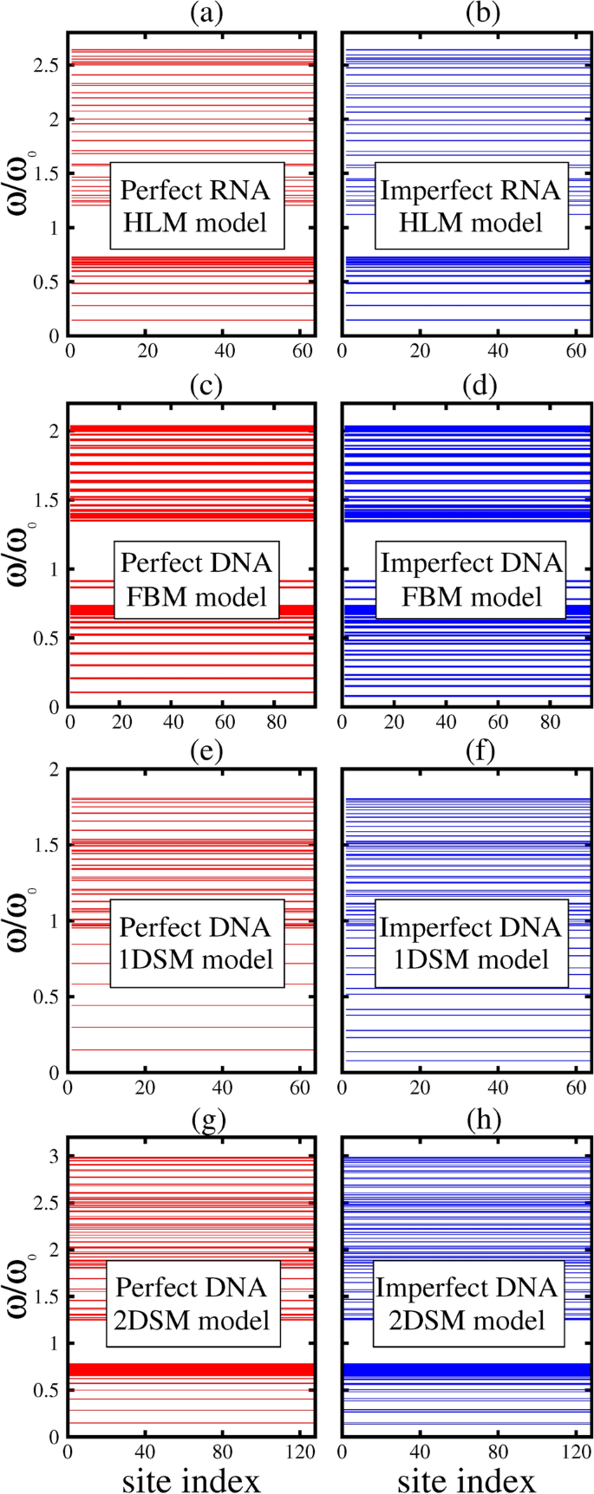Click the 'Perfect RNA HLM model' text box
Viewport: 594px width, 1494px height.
point(195,206)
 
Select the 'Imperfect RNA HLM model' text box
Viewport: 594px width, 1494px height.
point(470,206)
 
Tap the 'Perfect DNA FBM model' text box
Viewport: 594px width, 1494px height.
point(195,580)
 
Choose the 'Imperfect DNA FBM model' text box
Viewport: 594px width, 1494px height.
point(471,580)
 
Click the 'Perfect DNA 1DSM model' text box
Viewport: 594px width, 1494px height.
point(196,943)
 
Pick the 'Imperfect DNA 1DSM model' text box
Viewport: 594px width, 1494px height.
point(470,943)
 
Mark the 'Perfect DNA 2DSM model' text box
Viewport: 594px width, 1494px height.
point(193,1304)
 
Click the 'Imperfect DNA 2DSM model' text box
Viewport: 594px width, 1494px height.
point(467,1304)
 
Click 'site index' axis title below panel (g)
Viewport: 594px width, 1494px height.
point(191,1478)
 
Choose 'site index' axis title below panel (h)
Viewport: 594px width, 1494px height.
point(466,1478)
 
